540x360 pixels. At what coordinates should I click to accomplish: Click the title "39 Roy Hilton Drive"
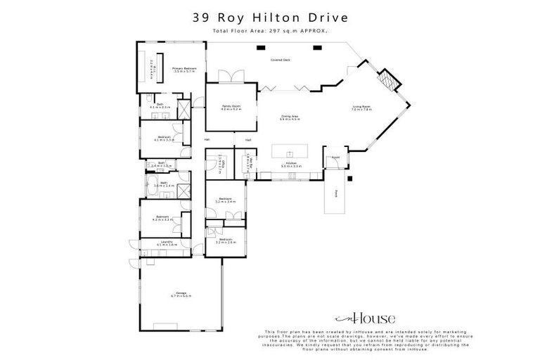click(270, 16)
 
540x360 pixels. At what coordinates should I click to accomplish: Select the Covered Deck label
click(281, 60)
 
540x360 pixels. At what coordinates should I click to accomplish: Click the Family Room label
click(231, 108)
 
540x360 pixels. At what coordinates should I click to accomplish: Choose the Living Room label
click(361, 108)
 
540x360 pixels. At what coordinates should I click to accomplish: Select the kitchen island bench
click(290, 152)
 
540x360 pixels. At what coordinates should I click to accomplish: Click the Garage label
click(181, 295)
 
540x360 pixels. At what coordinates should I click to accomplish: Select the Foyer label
click(336, 157)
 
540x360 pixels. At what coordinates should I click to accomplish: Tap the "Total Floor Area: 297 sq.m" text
click(270, 31)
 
